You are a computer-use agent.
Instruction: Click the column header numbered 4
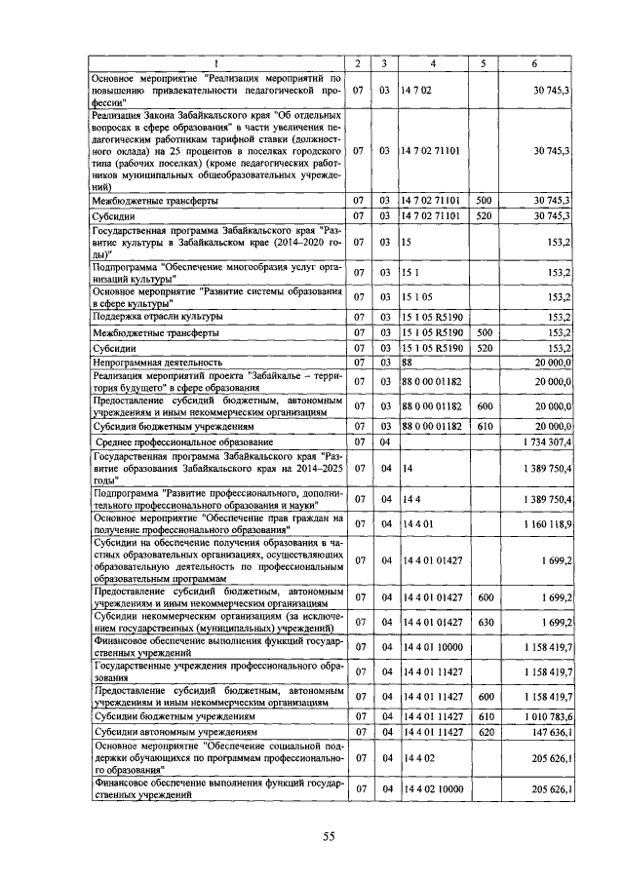(x=433, y=64)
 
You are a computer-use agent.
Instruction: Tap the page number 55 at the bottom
(x=329, y=836)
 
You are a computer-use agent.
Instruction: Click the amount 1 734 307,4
(x=545, y=443)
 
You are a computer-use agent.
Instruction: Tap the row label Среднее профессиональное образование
(x=175, y=443)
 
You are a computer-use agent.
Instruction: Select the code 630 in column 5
(x=485, y=621)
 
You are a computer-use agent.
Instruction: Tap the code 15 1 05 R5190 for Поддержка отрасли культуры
(x=433, y=317)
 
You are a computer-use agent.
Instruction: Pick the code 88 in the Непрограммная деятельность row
(x=409, y=363)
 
